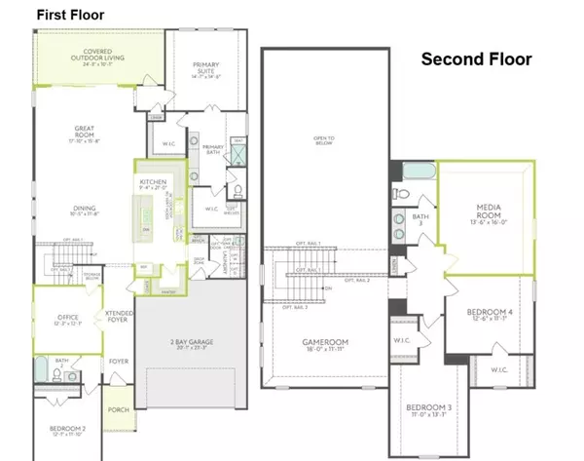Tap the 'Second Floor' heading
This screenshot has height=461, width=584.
[476, 59]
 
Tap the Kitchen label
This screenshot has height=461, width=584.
[153, 183]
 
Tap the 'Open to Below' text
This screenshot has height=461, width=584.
[324, 141]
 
